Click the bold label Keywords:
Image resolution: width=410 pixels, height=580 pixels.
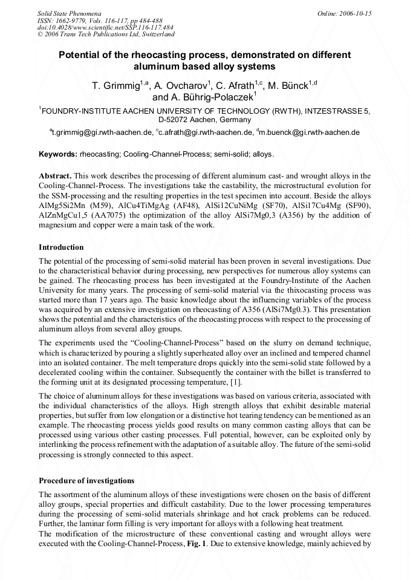[x=58, y=154]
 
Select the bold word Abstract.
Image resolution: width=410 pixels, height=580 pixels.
[x=55, y=175]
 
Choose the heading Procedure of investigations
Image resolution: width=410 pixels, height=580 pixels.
[x=86, y=481]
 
